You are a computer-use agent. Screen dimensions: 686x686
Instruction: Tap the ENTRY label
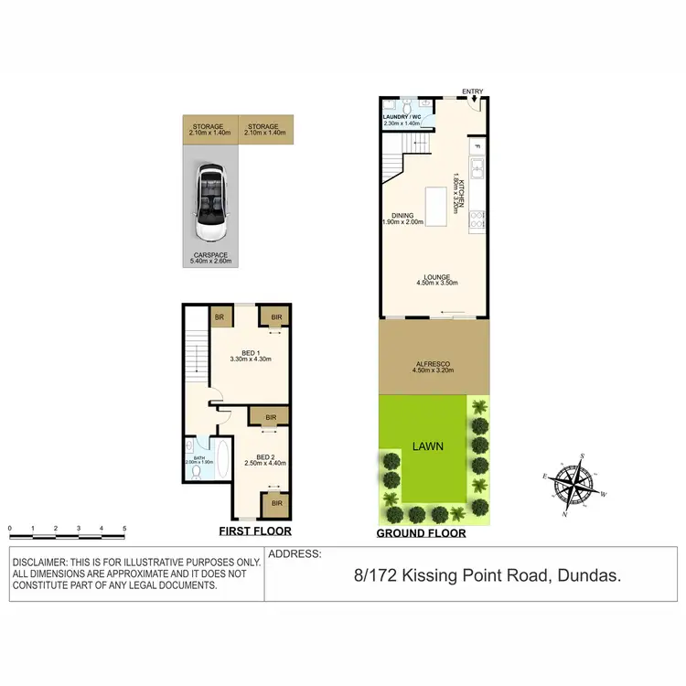point(473,91)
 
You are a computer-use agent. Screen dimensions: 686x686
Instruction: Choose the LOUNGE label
point(436,278)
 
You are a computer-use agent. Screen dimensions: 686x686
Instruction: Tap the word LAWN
point(427,446)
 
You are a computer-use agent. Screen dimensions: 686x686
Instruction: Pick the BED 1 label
point(249,353)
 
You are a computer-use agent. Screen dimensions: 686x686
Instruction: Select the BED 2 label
point(265,457)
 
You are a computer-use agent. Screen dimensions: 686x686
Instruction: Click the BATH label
point(198,457)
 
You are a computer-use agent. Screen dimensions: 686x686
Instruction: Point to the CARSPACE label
point(211,255)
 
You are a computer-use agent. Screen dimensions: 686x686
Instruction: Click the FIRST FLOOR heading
point(255,531)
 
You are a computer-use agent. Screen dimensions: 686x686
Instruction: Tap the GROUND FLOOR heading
point(422,533)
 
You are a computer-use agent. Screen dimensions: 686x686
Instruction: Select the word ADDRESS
point(295,554)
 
